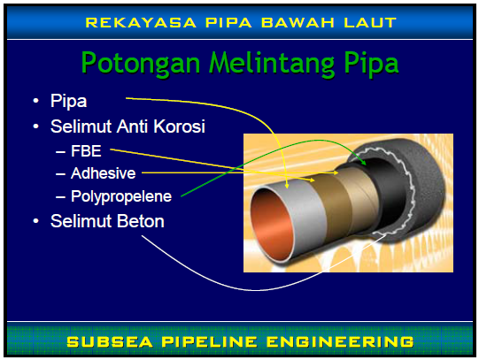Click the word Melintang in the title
point(267,63)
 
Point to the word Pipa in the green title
point(367,63)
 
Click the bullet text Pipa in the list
point(68,101)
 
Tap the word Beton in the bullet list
point(142,220)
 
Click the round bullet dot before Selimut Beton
point(35,220)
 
